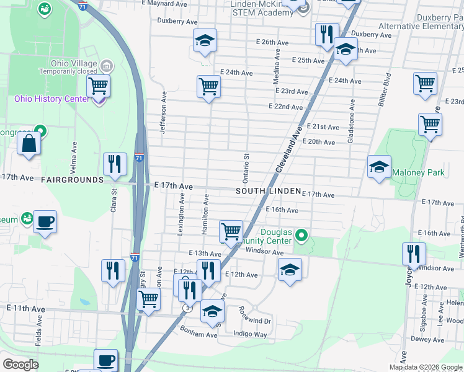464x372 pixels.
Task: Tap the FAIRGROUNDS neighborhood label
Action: point(71,180)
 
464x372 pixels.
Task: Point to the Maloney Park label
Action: point(417,172)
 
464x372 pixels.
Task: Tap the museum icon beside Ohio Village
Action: point(106,65)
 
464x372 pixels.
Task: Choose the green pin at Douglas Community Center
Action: point(301,234)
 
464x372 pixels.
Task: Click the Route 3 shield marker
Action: point(187,308)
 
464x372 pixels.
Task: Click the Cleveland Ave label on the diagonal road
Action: point(289,149)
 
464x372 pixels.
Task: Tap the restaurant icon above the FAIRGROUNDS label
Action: point(114,164)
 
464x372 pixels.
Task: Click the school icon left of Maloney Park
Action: point(379,167)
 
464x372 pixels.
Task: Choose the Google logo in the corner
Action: point(20,365)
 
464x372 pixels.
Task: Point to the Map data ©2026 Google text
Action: point(426,367)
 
